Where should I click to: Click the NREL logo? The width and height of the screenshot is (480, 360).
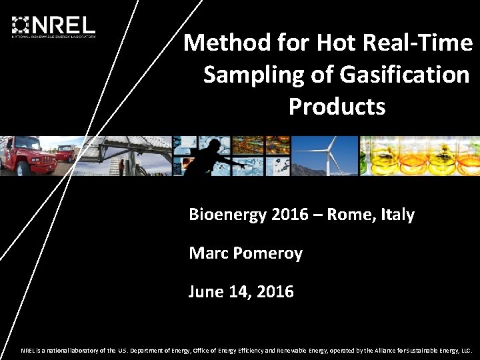(53, 26)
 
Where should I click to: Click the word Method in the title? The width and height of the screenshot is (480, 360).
(217, 43)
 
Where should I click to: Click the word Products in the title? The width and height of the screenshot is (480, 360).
(337, 106)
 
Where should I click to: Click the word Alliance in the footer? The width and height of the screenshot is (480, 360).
(385, 350)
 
